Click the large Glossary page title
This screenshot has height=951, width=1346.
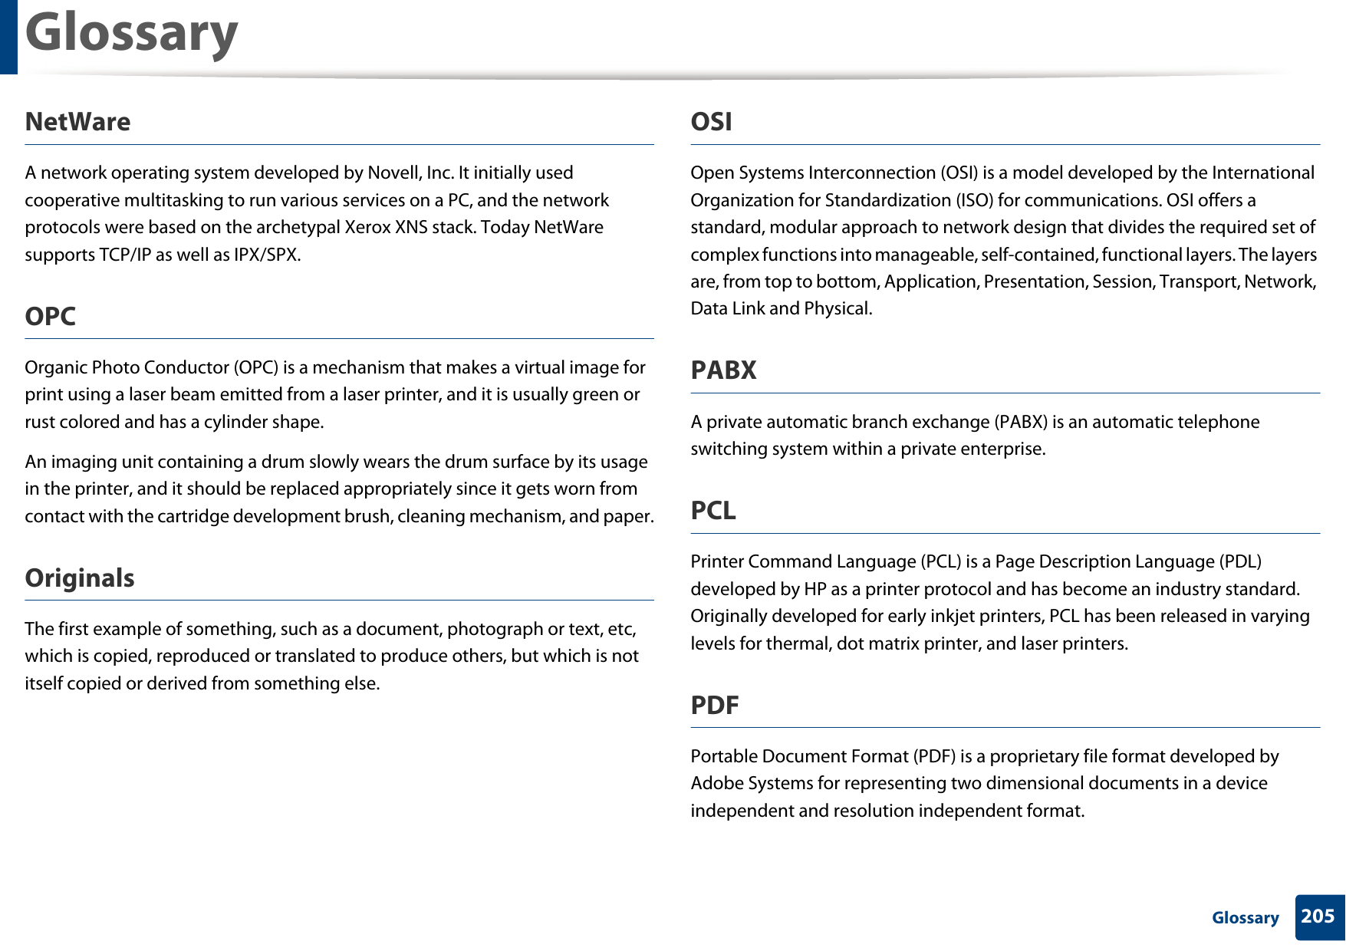pyautogui.click(x=131, y=34)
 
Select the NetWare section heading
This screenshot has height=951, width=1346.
pyautogui.click(x=77, y=122)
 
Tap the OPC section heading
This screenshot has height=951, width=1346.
pyautogui.click(x=50, y=316)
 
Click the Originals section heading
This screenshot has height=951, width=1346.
pyautogui.click(x=80, y=578)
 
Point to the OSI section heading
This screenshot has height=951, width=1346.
pyautogui.click(x=711, y=122)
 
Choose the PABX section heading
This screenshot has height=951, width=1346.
pyautogui.click(x=723, y=370)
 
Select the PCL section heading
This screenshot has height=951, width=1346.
pyautogui.click(x=713, y=510)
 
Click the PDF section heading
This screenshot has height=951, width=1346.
pyautogui.click(x=715, y=705)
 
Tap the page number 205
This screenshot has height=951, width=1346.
pyautogui.click(x=1318, y=916)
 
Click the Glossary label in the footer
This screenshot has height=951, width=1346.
pyautogui.click(x=1245, y=918)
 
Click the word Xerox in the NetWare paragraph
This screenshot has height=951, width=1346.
pyautogui.click(x=367, y=227)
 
